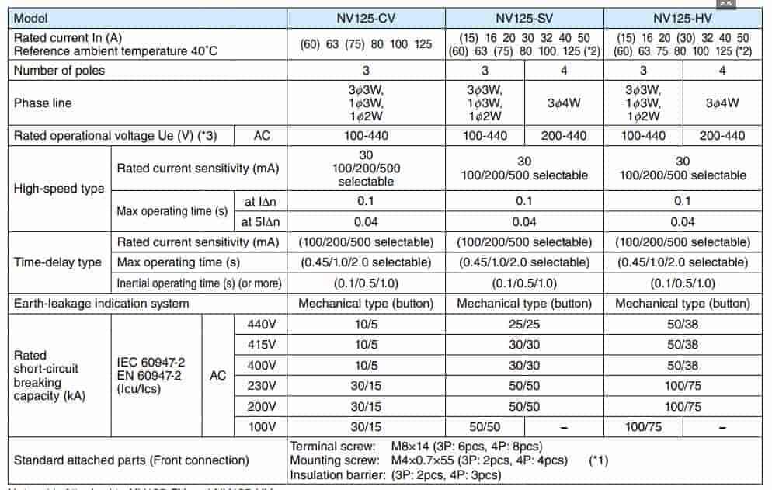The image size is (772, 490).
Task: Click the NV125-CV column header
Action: tap(367, 16)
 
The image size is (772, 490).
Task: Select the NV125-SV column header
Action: tap(524, 16)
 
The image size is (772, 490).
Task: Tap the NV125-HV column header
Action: tap(683, 16)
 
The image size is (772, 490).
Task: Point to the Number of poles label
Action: tap(59, 70)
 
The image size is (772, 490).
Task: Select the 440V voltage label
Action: tap(261, 324)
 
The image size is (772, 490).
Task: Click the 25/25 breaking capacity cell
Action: tap(524, 324)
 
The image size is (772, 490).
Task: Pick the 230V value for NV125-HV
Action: tap(683, 386)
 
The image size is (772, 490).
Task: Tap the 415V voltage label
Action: tap(261, 345)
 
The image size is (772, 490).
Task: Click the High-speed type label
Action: tap(59, 189)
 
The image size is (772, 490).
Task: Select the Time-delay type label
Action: tap(57, 262)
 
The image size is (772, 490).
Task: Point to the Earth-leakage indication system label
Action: tap(102, 303)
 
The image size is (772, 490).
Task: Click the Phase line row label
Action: tap(43, 103)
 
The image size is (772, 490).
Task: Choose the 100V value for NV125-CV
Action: tap(367, 427)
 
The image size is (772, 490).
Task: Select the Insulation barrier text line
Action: tap(395, 474)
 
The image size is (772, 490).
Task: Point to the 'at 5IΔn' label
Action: tap(261, 221)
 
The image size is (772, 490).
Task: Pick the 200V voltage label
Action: tap(261, 406)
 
